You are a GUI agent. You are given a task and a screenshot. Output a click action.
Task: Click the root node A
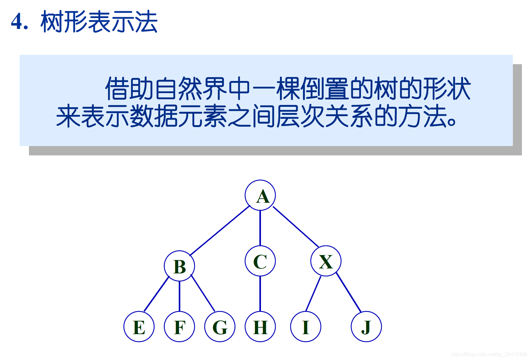pyautogui.click(x=260, y=195)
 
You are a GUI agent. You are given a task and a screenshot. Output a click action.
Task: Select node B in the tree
pyautogui.click(x=179, y=266)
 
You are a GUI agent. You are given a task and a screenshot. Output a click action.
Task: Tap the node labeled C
pyautogui.click(x=260, y=261)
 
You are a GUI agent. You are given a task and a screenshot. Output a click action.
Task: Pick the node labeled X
pyautogui.click(x=326, y=261)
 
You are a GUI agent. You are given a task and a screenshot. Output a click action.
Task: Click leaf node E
pyautogui.click(x=139, y=327)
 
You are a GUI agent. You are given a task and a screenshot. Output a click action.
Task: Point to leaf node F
pyautogui.click(x=179, y=327)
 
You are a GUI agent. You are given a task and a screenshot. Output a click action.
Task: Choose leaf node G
pyautogui.click(x=220, y=327)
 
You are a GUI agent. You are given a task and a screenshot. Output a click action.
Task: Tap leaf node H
pyautogui.click(x=260, y=327)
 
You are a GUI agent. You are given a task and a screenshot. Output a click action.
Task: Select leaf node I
pyautogui.click(x=305, y=327)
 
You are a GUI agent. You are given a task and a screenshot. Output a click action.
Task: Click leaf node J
pyautogui.click(x=366, y=327)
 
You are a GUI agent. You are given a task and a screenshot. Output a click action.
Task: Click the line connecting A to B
pyautogui.click(x=220, y=231)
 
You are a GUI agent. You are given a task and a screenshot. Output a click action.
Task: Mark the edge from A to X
pyautogui.click(x=296, y=226)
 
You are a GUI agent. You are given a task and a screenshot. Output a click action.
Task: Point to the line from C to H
pyautogui.click(x=260, y=294)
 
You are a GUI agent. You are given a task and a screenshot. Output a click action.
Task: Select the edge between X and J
pyautogui.click(x=349, y=292)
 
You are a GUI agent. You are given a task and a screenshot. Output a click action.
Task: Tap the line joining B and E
pyautogui.click(x=156, y=294)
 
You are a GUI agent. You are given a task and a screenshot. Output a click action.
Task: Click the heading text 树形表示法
pyautogui.click(x=99, y=22)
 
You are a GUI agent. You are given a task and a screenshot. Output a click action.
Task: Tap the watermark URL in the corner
pyautogui.click(x=489, y=354)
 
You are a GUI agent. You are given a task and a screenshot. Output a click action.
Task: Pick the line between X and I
pyautogui.click(x=313, y=293)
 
